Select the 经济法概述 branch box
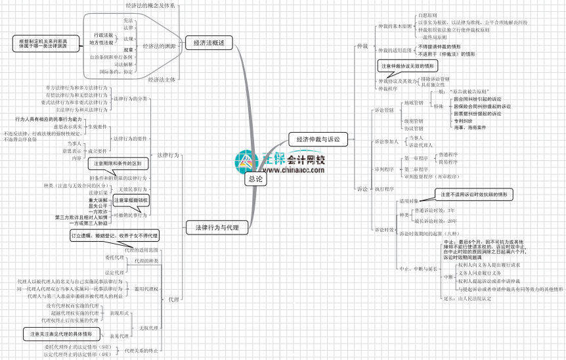(x=209, y=43)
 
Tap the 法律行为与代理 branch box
(x=212, y=228)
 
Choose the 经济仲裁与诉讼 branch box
(x=318, y=139)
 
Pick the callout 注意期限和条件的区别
(x=118, y=163)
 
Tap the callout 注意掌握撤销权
(x=131, y=199)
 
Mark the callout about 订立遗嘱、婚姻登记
(x=114, y=234)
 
